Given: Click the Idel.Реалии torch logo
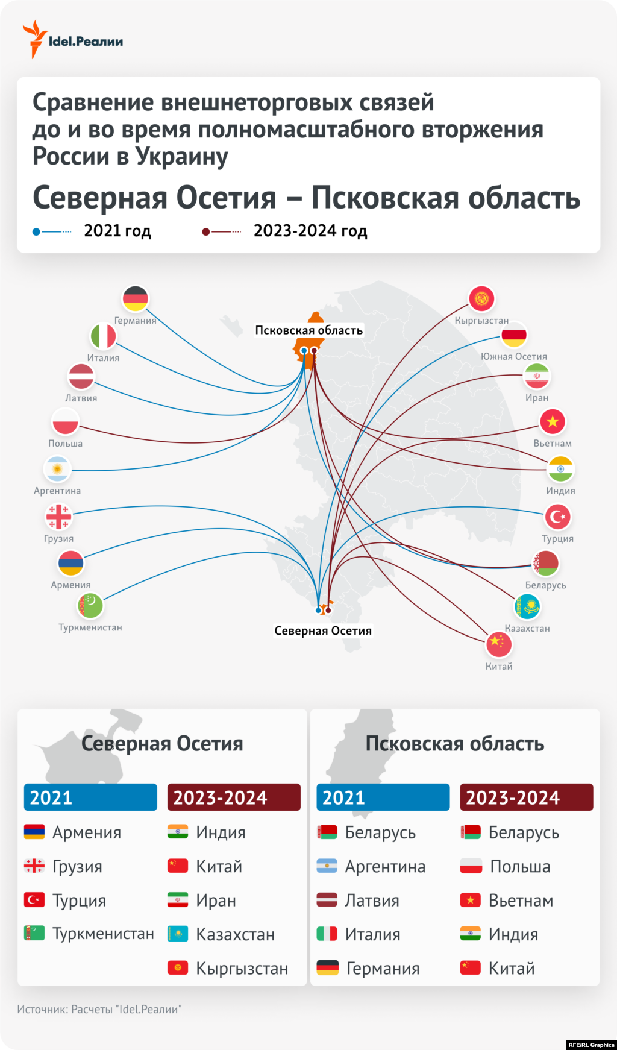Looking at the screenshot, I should coord(35,39).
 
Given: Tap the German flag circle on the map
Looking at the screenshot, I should coord(135,298).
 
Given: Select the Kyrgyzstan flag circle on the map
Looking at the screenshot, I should coord(481,298).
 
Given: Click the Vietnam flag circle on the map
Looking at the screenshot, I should coord(553,421).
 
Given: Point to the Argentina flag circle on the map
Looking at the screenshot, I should coord(57,469).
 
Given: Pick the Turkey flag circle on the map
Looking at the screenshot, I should coord(557,517).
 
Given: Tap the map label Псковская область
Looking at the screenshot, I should coord(308,330).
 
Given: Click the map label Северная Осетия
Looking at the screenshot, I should coord(323,631).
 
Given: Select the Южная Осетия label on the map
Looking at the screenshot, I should coord(514,356).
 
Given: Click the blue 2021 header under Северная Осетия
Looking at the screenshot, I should coord(90,797).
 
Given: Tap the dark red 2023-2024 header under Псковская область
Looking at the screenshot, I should coord(526,797).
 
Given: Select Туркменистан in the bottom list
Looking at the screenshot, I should coord(103,934).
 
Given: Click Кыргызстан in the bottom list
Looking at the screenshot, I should coord(242,968).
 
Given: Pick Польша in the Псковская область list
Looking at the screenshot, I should coord(520,866).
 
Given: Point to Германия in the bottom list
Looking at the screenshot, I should coord(383,968).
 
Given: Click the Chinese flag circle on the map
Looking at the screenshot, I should coord(499,643).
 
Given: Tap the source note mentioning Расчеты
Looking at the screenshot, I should coord(99,1009).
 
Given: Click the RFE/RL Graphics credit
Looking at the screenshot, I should coord(590,1045).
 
